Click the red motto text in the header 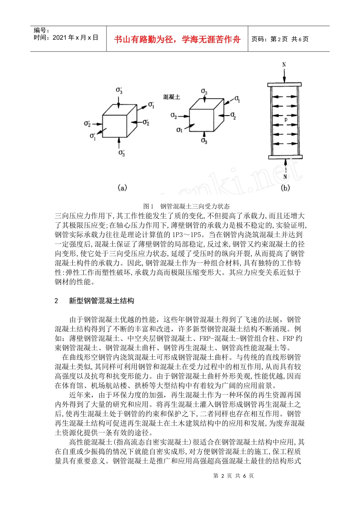[x=177, y=39]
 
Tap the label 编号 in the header [x=41, y=30]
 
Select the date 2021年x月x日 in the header [x=66, y=37]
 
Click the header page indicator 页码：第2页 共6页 [x=280, y=39]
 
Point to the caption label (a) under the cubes [x=122, y=187]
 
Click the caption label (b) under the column [x=285, y=187]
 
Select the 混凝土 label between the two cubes [x=172, y=97]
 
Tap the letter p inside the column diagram [x=286, y=119]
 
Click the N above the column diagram [x=284, y=65]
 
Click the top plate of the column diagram [x=284, y=84]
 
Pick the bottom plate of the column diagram [x=285, y=157]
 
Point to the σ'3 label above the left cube [x=119, y=91]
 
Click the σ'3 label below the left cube [x=122, y=153]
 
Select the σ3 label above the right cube [x=204, y=92]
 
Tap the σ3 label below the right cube [x=204, y=141]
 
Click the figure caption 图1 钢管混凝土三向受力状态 [x=186, y=206]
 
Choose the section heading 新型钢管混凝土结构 [x=101, y=301]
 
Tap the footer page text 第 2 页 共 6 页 [x=233, y=476]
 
